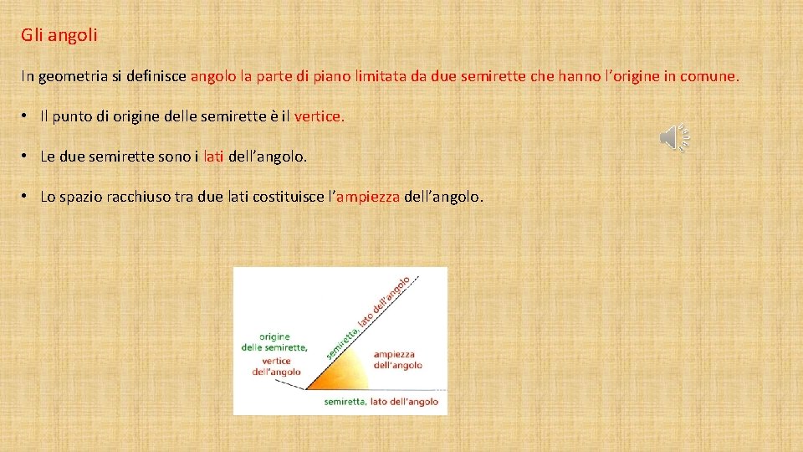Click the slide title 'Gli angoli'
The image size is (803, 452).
(59, 35)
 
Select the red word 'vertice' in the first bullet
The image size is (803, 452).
(317, 116)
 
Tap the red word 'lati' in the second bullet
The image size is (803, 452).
(213, 157)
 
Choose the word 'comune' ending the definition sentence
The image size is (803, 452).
(708, 76)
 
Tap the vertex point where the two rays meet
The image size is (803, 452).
(306, 389)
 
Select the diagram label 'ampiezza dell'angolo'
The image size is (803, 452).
(397, 359)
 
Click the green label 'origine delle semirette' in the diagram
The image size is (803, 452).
(275, 342)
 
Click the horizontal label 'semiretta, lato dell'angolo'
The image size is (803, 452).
(381, 402)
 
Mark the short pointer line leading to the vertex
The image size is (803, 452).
(291, 383)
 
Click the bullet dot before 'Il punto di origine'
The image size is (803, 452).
(28, 116)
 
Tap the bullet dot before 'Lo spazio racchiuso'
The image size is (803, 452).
(28, 197)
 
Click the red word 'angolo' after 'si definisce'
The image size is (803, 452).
(213, 76)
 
